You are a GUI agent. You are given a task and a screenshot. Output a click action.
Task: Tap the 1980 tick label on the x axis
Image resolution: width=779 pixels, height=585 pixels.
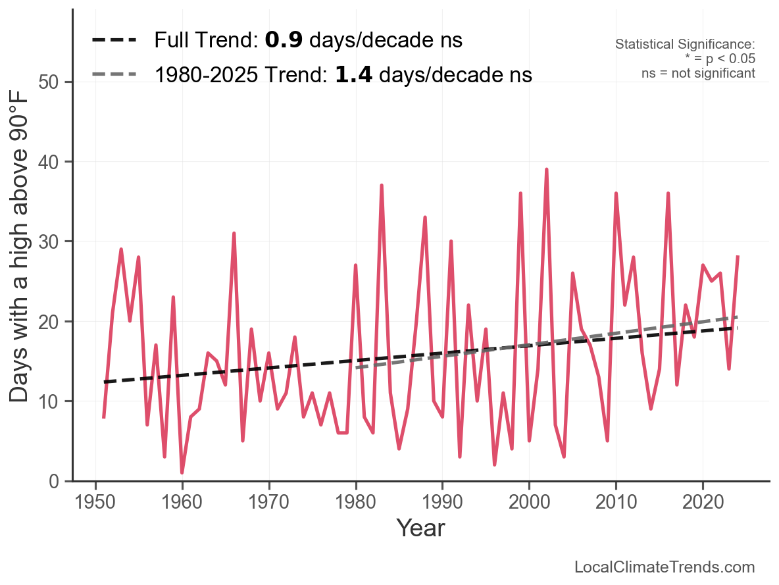(355, 503)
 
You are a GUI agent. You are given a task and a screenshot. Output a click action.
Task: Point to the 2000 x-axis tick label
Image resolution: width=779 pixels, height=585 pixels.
(529, 503)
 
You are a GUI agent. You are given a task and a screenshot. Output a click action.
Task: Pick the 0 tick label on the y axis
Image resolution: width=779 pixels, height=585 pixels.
(58, 482)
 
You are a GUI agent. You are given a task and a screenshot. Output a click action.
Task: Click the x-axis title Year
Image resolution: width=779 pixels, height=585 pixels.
(420, 528)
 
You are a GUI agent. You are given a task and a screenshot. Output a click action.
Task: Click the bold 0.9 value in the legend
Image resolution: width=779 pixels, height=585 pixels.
(284, 40)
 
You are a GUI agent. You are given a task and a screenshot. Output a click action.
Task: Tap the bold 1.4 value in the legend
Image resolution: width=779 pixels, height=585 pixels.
(354, 74)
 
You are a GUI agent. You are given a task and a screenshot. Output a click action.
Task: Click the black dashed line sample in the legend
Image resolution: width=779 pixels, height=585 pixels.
(114, 40)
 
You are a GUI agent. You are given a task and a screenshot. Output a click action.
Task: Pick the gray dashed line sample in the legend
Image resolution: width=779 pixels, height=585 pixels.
(114, 74)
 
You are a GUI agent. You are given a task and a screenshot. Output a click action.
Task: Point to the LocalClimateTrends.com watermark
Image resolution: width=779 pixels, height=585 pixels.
(665, 567)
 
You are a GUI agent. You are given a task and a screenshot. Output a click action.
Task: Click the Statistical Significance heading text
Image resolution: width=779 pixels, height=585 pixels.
(685, 45)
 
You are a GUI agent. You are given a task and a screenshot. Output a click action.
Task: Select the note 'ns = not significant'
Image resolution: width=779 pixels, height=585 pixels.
(698, 73)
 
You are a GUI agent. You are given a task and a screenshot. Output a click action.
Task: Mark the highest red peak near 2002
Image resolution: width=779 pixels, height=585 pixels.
(546, 170)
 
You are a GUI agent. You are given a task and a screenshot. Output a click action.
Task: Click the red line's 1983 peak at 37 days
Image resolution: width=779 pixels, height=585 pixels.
(382, 186)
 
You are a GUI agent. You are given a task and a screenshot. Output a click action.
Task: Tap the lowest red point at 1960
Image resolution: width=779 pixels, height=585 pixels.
(182, 472)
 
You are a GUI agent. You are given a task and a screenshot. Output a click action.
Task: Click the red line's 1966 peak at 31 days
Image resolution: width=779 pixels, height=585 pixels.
(234, 234)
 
